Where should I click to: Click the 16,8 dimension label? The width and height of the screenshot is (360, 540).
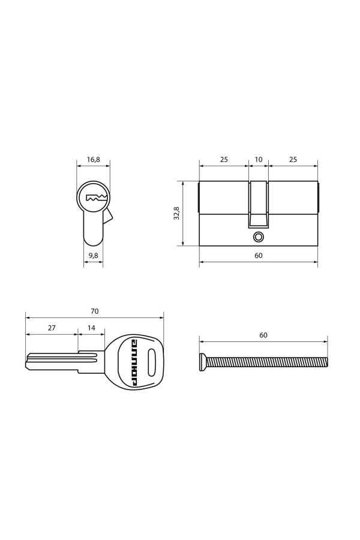pyautogui.click(x=94, y=160)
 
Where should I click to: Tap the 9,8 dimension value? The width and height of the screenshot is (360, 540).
pyautogui.click(x=94, y=255)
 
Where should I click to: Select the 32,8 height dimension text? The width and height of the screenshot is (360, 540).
pyautogui.click(x=176, y=214)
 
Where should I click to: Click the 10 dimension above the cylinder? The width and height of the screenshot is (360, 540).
pyautogui.click(x=259, y=160)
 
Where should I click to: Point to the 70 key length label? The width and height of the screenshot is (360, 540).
pyautogui.click(x=94, y=311)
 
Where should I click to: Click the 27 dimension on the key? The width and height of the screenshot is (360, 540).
pyautogui.click(x=52, y=328)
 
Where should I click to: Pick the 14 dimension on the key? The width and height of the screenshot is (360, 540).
pyautogui.click(x=91, y=328)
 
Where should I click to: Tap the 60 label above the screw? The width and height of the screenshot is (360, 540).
pyautogui.click(x=263, y=335)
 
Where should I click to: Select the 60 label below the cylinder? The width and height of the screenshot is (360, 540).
pyautogui.click(x=259, y=256)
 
